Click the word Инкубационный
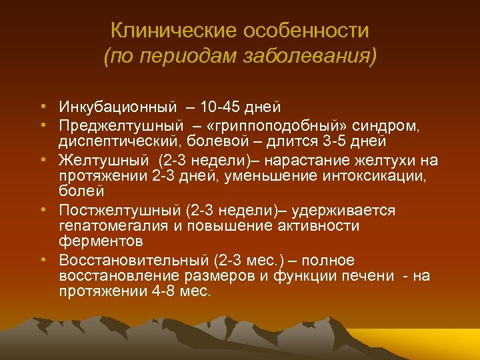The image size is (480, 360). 117,107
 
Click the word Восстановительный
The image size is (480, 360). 133,260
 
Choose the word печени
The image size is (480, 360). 367,275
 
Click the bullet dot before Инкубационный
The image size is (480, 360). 42,107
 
